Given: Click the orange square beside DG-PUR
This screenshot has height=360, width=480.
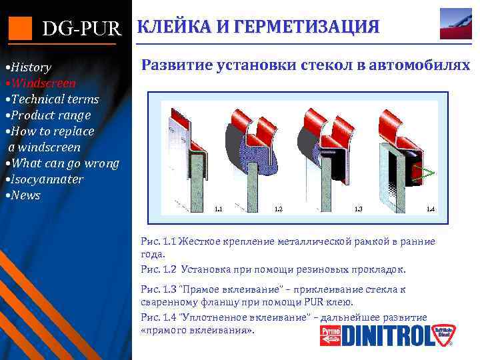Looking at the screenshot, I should [x=20, y=27].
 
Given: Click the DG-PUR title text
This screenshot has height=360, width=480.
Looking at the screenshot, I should [x=82, y=28].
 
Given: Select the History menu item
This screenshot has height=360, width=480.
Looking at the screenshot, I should [x=27, y=67].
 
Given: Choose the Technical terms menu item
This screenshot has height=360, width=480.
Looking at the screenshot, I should [x=51, y=99].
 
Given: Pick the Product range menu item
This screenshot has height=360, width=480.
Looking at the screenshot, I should [x=47, y=115].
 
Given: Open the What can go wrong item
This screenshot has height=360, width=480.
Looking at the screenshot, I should [x=61, y=163].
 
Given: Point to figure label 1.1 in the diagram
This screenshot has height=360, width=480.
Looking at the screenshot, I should [x=218, y=209].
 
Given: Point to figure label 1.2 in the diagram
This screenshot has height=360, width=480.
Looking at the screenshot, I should [x=279, y=209].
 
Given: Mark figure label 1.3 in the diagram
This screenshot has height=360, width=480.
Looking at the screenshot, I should [x=358, y=209].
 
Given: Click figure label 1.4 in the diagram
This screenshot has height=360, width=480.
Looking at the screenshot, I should [x=431, y=209].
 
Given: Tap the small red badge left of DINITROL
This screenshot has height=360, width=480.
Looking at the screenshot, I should [x=330, y=335].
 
